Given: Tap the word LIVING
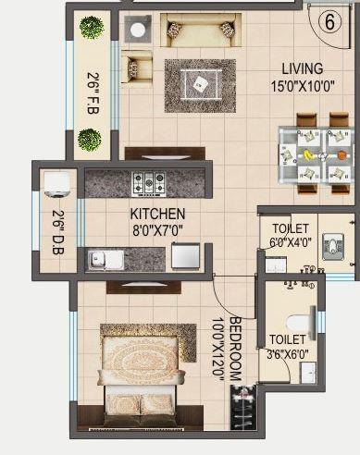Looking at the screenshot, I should click(303, 68).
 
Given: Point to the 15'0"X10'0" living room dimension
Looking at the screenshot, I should click(303, 85).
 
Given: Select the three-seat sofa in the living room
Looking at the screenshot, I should click(199, 31).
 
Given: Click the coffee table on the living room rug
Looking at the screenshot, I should click(200, 85).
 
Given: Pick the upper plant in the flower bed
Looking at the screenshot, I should click(91, 29).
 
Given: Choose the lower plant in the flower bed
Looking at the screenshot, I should click(90, 140).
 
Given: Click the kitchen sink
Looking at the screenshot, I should click(106, 259).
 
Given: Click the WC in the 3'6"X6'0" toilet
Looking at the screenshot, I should click(298, 322).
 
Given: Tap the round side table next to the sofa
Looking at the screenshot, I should click(138, 30).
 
